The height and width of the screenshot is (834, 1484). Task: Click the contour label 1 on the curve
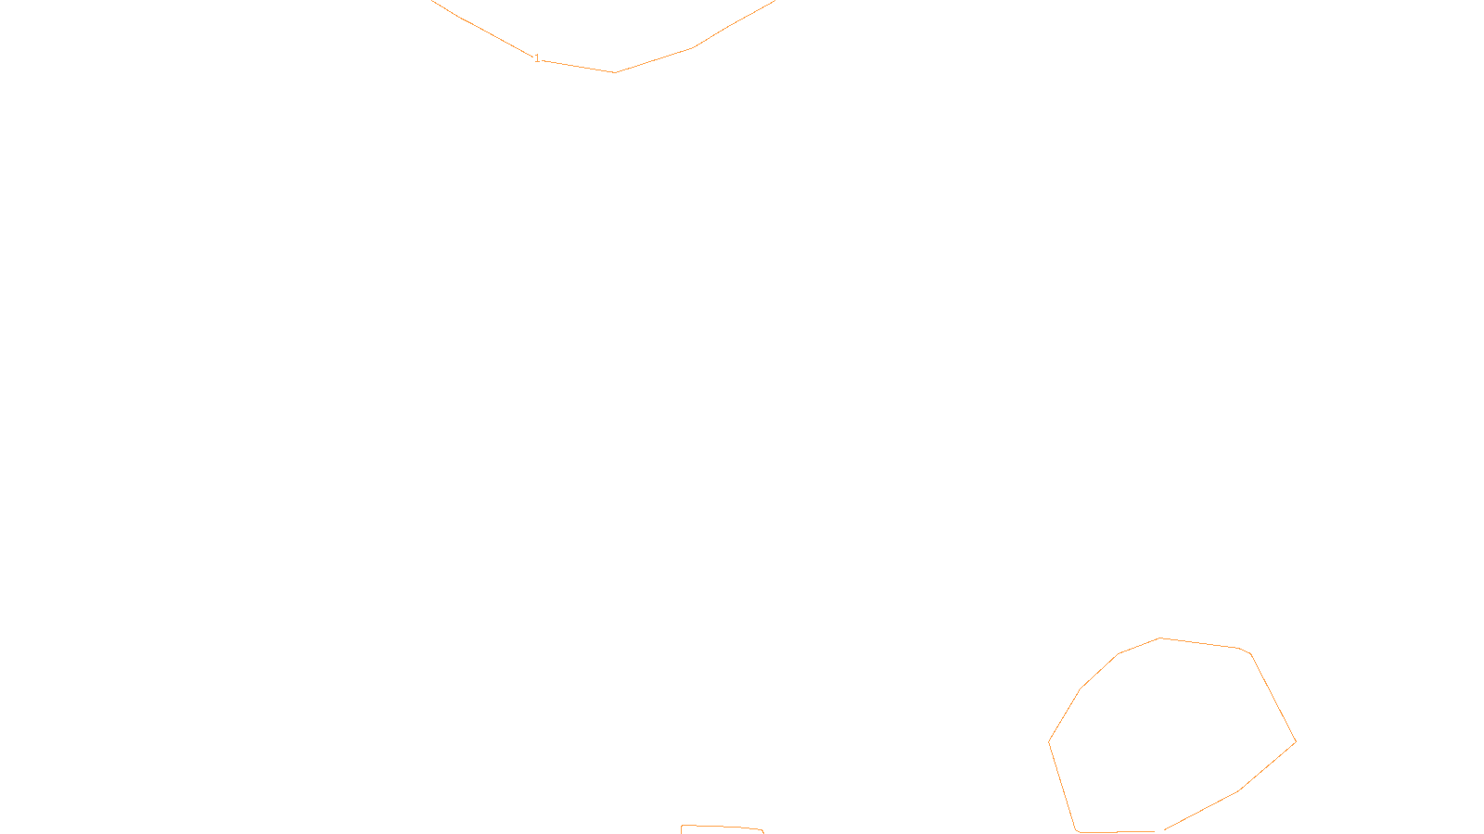[x=537, y=58]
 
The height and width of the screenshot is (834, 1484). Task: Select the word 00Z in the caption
[x=703, y=819]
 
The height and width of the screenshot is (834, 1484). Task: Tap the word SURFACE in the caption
[x=742, y=819]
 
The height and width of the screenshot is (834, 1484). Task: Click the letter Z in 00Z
[x=710, y=819]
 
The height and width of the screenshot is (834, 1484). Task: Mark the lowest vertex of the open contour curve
[x=614, y=72]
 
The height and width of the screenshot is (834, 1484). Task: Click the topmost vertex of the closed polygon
[x=1160, y=638]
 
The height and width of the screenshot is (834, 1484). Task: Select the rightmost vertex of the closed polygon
[x=1296, y=741]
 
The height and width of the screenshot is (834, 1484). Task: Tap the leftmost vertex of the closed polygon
[x=1049, y=741]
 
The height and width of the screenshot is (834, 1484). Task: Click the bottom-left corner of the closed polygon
[x=1077, y=830]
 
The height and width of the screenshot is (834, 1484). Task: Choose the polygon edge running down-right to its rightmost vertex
[x=1273, y=697]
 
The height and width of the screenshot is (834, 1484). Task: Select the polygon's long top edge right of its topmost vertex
[x=1200, y=643]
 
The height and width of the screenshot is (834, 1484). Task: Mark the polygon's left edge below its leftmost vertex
[x=1063, y=786]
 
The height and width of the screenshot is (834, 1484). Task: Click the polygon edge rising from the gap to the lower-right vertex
[x=1201, y=811]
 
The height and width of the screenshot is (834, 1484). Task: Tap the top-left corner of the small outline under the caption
[x=683, y=828]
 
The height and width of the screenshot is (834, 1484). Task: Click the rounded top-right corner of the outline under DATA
[x=761, y=830]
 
